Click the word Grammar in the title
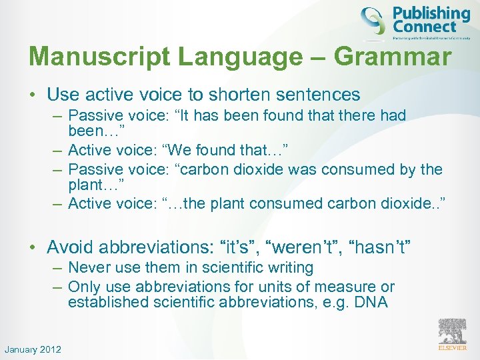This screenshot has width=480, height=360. click(392, 57)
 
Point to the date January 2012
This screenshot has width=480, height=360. click(33, 349)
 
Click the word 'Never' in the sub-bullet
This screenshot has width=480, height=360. click(91, 268)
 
